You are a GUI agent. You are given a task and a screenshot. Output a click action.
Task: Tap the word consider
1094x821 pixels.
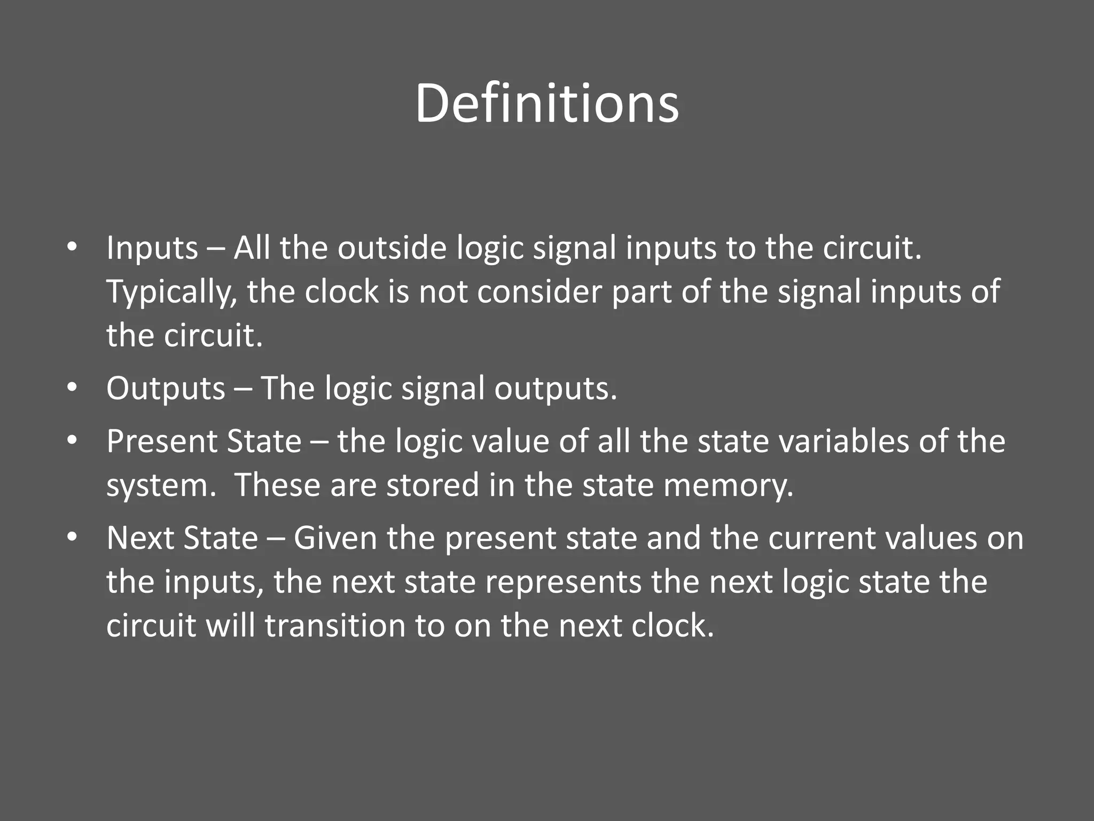(540, 292)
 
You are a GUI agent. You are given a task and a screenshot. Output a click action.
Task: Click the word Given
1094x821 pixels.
(335, 538)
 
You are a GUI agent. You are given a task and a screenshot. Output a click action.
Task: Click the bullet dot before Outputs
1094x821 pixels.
(73, 388)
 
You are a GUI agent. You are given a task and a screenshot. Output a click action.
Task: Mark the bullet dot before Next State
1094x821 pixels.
(73, 537)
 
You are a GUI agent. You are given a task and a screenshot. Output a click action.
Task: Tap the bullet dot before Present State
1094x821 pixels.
(73, 441)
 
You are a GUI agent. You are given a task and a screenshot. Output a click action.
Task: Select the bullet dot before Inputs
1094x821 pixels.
(73, 247)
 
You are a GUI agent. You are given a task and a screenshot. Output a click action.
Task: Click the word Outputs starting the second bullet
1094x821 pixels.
(166, 389)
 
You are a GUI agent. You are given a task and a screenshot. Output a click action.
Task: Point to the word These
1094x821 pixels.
(277, 485)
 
